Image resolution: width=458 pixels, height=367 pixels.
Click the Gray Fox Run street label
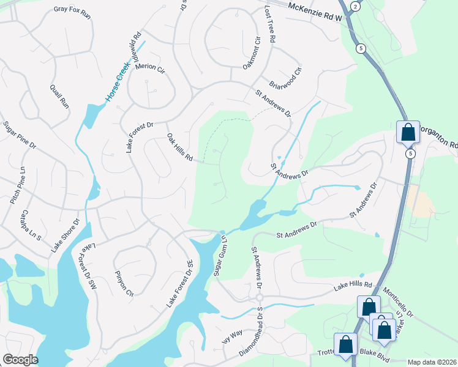(x=72, y=12)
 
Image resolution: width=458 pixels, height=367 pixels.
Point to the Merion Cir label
(x=150, y=69)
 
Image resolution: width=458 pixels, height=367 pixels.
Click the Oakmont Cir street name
(x=251, y=54)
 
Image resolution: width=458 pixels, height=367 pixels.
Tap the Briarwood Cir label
(x=287, y=78)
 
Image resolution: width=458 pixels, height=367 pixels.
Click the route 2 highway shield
(x=355, y=6)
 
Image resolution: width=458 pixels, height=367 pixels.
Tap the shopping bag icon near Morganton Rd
(x=408, y=131)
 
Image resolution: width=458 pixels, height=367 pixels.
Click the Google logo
(x=20, y=360)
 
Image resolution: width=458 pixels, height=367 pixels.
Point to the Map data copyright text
(x=432, y=362)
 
